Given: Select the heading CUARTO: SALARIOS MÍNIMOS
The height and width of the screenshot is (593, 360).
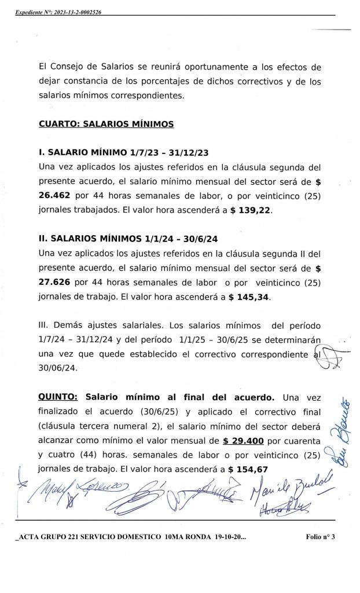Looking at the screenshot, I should pos(106,123).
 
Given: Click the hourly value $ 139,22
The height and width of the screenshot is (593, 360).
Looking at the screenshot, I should pos(250,211).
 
